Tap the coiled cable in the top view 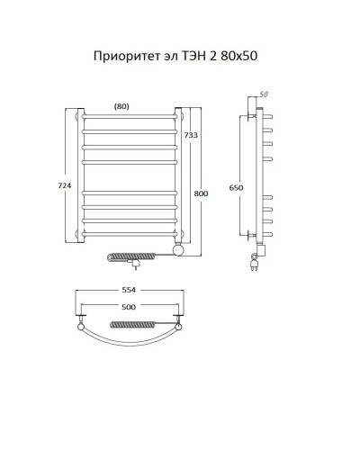point(132,323)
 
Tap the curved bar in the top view point(132,353)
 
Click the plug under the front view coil point(135,266)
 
